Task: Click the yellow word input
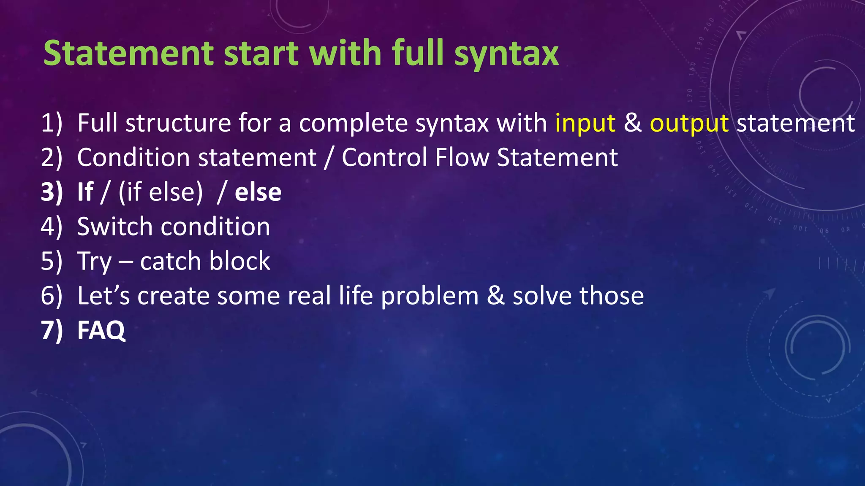585,124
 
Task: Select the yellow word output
689,124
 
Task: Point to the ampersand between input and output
632,123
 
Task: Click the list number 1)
52,123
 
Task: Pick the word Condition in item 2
133,158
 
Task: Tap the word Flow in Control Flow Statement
462,158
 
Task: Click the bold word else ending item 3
258,192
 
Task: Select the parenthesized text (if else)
160,192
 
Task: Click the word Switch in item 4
114,227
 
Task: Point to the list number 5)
52,261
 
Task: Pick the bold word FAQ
101,330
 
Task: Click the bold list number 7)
52,330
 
